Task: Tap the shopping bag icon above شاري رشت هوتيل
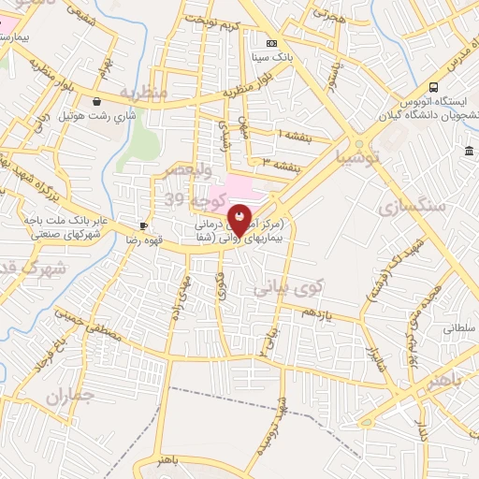98,101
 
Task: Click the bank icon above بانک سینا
272,43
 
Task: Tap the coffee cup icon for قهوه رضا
144,225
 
